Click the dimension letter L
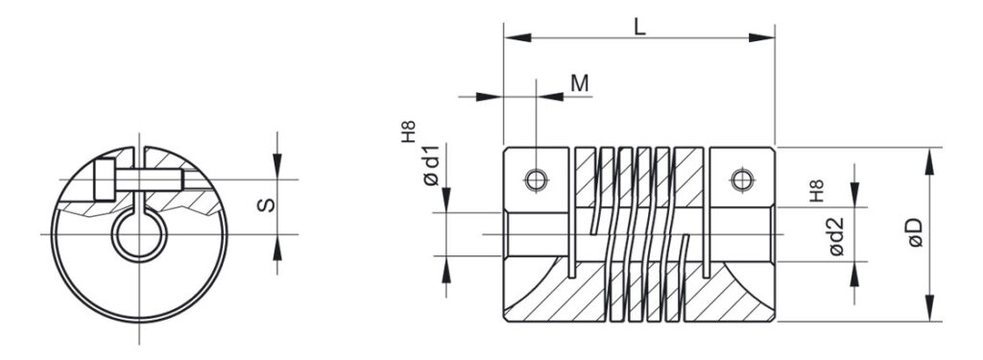(x=638, y=25)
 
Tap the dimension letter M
(x=580, y=84)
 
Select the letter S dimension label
(x=267, y=205)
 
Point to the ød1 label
(x=431, y=164)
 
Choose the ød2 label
(x=836, y=236)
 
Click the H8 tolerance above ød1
(x=408, y=132)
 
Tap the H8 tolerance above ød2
(x=816, y=190)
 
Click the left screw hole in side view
(x=536, y=180)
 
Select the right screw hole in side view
(x=742, y=180)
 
